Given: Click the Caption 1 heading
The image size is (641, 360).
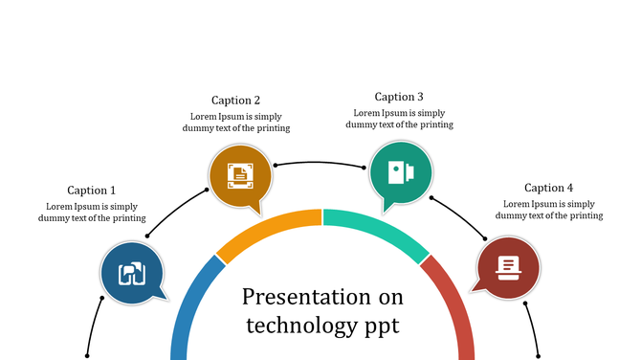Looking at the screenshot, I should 91,191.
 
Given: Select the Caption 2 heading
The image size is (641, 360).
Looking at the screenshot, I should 235,101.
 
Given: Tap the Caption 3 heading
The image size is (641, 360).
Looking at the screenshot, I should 399,97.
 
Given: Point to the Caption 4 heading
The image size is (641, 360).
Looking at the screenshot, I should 548,189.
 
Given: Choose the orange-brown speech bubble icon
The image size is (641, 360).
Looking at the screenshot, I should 240,175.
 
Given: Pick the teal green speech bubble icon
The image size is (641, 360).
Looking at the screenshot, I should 400,172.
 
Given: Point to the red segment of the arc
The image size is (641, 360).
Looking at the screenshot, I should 454,306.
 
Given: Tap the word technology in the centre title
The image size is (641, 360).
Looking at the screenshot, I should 298,326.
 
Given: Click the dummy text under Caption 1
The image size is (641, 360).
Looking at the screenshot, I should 91,212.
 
